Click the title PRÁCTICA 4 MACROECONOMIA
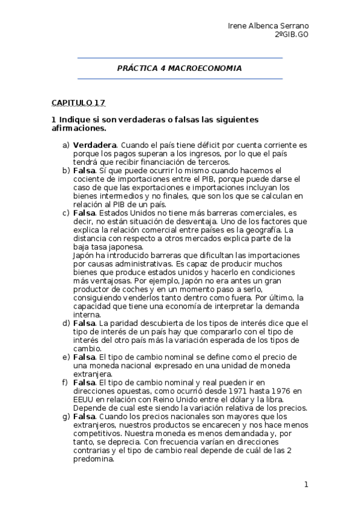(179, 69)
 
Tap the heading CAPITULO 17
(78, 103)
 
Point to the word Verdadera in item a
(94, 146)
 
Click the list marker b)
(66, 171)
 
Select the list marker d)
(66, 323)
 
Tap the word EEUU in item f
(84, 399)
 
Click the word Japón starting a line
(84, 255)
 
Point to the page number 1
(306, 485)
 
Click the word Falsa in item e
(85, 357)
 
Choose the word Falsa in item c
(85, 213)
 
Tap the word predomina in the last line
(93, 458)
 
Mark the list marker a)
(66, 146)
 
